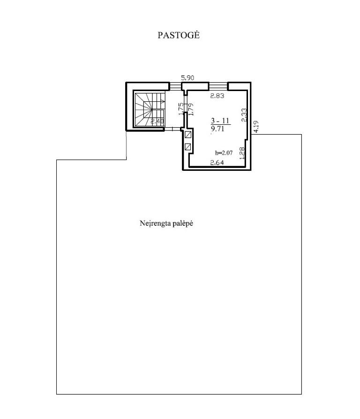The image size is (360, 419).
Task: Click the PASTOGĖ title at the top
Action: pos(179,35)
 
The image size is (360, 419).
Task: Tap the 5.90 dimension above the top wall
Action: pos(187,78)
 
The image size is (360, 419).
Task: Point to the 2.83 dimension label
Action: pos(217,96)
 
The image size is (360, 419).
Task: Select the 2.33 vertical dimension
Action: pos(244,115)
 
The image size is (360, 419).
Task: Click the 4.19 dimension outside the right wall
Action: pos(256,127)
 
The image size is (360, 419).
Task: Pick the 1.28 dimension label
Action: pos(242,153)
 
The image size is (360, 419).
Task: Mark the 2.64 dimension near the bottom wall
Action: pos(217,162)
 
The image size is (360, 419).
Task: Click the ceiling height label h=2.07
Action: pos(224,153)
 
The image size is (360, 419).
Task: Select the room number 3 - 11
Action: pos(220,121)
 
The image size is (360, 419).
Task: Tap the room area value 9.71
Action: pos(217,129)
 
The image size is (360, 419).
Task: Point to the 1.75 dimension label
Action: pos(181,109)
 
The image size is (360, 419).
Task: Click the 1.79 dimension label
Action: pos(191,109)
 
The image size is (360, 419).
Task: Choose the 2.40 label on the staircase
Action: pos(157,122)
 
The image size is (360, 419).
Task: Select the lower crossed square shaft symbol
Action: pos(188,146)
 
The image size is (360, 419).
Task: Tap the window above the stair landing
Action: pos(175,86)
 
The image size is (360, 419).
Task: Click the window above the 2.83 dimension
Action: pos(218,86)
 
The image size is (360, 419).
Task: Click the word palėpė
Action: pos(183,223)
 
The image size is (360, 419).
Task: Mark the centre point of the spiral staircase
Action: pos(151,109)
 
